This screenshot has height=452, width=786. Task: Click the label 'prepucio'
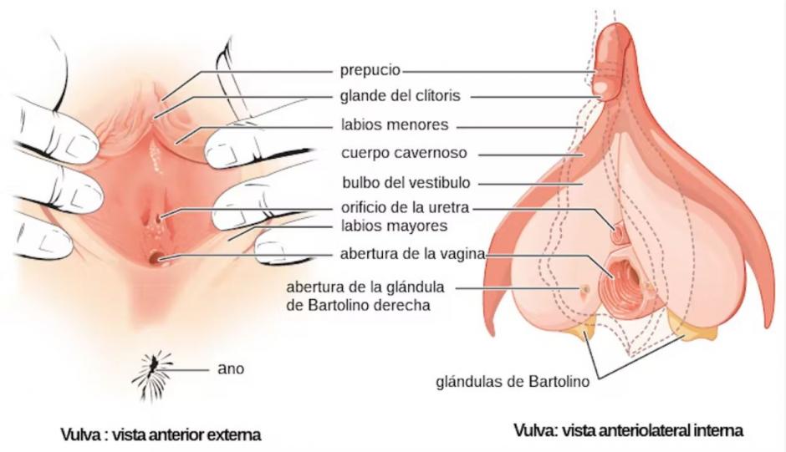(x=370, y=69)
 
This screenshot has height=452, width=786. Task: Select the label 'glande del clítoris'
(x=400, y=96)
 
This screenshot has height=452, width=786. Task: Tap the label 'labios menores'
(x=395, y=124)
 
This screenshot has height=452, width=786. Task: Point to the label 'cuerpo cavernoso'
(x=404, y=153)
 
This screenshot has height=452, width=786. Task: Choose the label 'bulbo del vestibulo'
(x=406, y=182)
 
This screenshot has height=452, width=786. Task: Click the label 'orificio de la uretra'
(x=405, y=207)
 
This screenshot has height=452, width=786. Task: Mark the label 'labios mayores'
(x=394, y=226)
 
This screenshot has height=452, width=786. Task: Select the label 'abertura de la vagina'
(x=412, y=254)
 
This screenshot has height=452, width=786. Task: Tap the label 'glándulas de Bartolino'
(x=513, y=382)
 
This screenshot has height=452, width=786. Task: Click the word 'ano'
(x=231, y=368)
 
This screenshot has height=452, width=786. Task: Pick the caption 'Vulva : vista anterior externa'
(x=161, y=434)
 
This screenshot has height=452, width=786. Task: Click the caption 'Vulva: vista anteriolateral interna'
(x=629, y=430)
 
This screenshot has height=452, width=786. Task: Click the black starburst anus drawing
(x=152, y=376)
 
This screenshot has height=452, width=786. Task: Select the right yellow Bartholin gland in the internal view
(x=694, y=325)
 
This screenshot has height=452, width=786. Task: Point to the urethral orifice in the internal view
(x=617, y=232)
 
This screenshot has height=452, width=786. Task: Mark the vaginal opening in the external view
(x=156, y=258)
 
